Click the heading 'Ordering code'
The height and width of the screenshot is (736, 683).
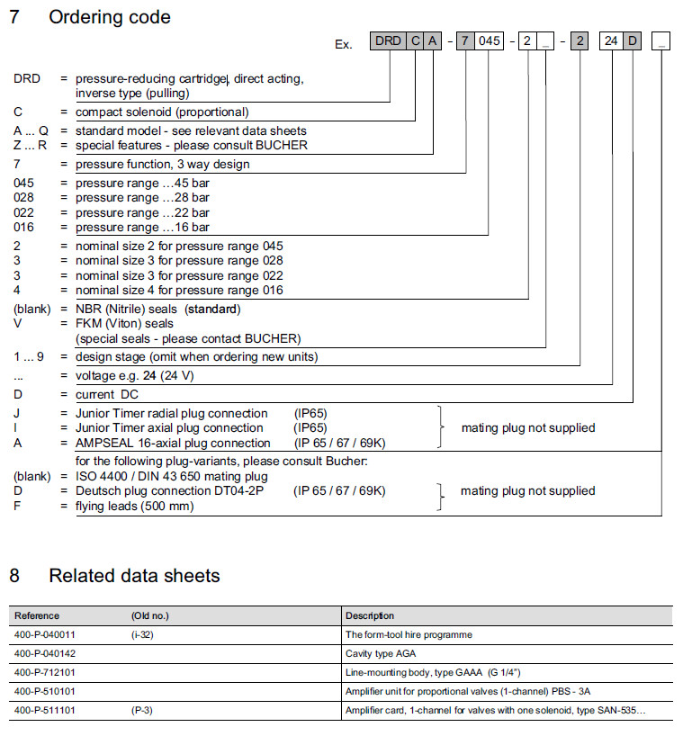pyautogui.click(x=109, y=17)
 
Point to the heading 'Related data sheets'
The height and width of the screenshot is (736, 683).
pyautogui.click(x=134, y=575)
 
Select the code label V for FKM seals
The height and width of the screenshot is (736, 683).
pyautogui.click(x=18, y=323)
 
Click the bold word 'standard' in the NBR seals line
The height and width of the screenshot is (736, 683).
pyautogui.click(x=211, y=309)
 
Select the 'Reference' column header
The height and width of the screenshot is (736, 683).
pyautogui.click(x=37, y=616)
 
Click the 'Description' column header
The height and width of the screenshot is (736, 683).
pyautogui.click(x=369, y=616)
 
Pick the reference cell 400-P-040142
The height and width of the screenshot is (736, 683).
pyautogui.click(x=45, y=653)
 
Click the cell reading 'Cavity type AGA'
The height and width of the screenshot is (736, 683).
pyautogui.click(x=381, y=653)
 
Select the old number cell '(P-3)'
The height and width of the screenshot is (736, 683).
pyautogui.click(x=143, y=711)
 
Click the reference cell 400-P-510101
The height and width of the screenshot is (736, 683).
pyautogui.click(x=45, y=691)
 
